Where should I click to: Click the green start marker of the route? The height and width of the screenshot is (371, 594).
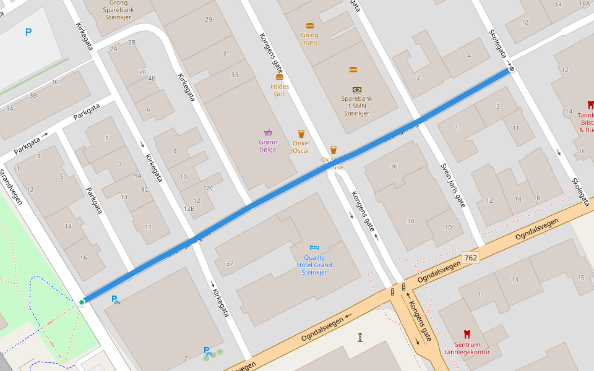[82, 302]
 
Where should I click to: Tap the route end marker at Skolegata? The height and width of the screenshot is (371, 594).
[512, 69]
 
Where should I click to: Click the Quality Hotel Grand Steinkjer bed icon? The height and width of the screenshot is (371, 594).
[314, 247]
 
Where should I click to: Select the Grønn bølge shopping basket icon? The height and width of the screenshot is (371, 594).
[268, 132]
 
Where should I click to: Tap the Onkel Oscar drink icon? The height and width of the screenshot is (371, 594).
[301, 134]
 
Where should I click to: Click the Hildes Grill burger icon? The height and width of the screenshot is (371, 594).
[280, 77]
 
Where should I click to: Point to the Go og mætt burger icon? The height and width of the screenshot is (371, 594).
[310, 26]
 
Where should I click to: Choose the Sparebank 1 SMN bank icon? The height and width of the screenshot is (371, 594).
[357, 90]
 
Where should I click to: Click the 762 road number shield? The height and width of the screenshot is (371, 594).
[471, 257]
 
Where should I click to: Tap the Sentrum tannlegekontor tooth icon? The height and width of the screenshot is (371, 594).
[467, 334]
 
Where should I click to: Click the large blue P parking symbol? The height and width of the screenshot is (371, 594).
[28, 32]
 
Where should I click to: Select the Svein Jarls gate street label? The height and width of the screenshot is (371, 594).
[453, 185]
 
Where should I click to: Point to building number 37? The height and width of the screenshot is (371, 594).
[230, 264]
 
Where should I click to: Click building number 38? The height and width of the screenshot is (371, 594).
[410, 221]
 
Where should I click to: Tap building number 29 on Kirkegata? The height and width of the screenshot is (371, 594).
[209, 20]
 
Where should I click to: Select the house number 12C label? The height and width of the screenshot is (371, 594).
[208, 188]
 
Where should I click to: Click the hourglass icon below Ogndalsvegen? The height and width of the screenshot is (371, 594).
[360, 337]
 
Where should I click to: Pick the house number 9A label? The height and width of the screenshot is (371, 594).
[137, 176]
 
